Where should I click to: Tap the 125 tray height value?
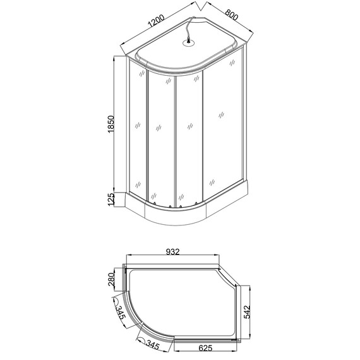pos(111,200)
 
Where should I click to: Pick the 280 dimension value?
pos(111,279)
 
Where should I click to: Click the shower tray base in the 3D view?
pos(189,215)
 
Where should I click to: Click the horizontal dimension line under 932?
pos(174,256)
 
